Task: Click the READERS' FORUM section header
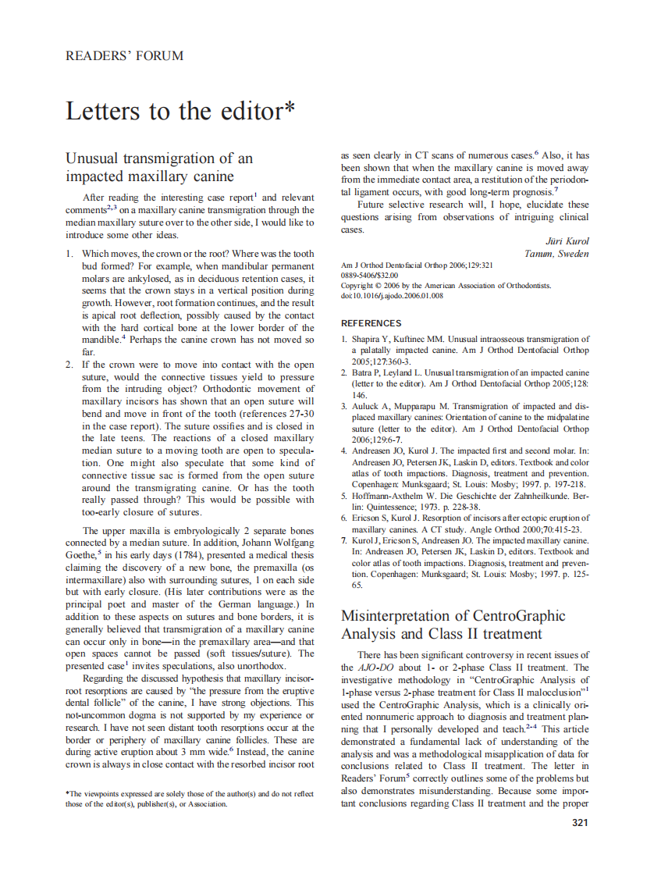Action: click(125, 56)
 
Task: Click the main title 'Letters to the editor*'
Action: click(180, 111)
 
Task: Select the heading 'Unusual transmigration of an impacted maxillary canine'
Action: click(159, 167)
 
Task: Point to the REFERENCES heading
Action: click(371, 323)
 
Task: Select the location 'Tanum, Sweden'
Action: click(557, 254)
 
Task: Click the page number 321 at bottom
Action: click(579, 822)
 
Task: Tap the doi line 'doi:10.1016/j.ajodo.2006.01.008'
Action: click(393, 296)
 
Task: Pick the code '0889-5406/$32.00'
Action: click(370, 276)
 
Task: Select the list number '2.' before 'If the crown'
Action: click(69, 365)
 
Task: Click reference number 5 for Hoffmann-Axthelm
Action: click(345, 496)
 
